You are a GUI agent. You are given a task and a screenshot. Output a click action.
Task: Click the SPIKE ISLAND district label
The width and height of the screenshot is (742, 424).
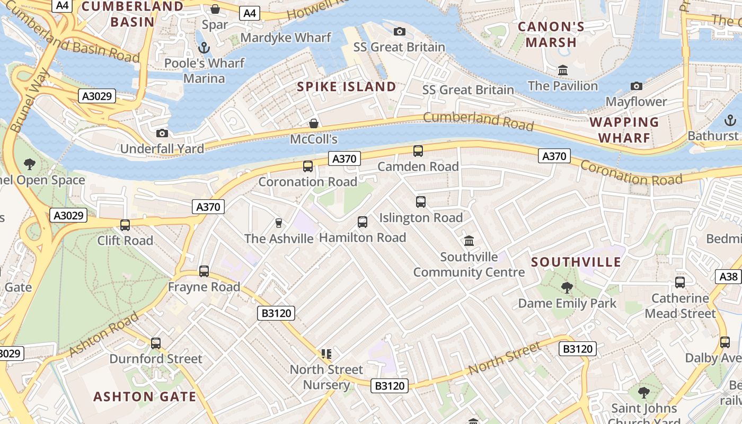click(x=347, y=87)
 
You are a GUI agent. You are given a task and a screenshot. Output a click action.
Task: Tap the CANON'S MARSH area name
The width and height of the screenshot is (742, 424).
click(x=551, y=34)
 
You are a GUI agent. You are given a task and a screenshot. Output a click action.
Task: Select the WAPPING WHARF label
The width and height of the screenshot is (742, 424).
click(x=624, y=130)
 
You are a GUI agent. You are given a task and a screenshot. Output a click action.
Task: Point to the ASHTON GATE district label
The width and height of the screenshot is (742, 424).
click(x=145, y=396)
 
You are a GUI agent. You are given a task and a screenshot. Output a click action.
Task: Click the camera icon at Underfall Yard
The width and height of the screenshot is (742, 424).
click(x=162, y=133)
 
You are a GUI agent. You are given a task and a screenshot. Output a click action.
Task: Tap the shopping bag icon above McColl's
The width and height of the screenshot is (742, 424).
click(x=314, y=124)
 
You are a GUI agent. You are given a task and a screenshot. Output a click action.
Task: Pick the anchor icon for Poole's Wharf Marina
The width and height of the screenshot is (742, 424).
click(x=204, y=48)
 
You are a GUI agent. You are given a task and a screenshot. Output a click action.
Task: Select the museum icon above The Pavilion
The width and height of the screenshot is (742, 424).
click(x=562, y=70)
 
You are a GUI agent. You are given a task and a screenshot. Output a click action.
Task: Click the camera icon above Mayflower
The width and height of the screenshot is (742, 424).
click(x=636, y=86)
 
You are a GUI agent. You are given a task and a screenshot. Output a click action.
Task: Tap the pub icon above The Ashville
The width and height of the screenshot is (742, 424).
click(x=279, y=223)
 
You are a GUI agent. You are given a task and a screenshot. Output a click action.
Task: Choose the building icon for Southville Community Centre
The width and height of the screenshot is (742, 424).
click(x=469, y=241)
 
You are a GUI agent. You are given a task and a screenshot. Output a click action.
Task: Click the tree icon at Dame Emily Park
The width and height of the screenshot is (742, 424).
click(x=567, y=288)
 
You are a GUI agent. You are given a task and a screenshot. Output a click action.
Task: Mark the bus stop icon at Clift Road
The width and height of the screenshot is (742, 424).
click(x=125, y=225)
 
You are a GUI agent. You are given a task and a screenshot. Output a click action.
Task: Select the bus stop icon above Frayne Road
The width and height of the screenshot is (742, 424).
click(x=204, y=271)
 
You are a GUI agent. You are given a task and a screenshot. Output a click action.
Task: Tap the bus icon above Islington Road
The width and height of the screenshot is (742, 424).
click(x=421, y=202)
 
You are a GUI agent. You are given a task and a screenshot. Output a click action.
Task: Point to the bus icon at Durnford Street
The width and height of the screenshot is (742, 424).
click(x=156, y=343)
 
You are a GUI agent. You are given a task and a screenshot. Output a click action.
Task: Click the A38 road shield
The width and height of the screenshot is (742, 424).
click(x=729, y=276)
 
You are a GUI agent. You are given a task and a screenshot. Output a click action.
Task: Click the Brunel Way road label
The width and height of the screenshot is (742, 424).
click(x=30, y=101)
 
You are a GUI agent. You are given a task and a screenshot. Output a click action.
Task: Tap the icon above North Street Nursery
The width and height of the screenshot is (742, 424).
click(x=326, y=354)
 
